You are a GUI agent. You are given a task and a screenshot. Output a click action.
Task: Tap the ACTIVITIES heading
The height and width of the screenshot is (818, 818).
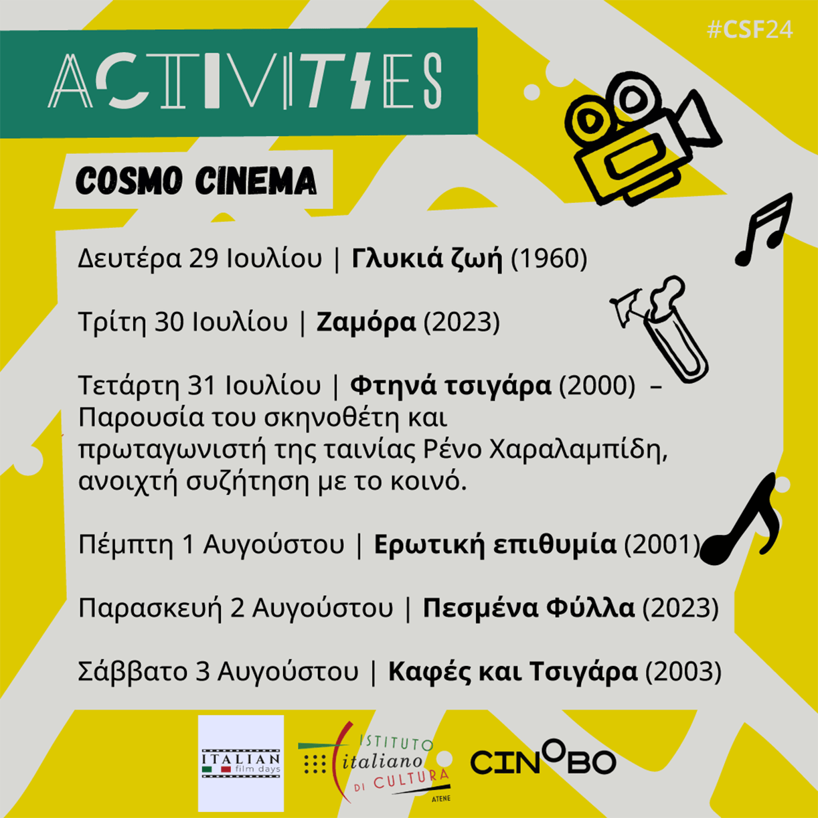[x=245, y=80]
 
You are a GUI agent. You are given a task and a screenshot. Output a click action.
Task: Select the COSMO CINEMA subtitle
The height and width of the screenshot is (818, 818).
[x=196, y=181]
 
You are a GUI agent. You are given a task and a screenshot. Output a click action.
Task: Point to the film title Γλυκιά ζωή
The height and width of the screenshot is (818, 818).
[x=427, y=258]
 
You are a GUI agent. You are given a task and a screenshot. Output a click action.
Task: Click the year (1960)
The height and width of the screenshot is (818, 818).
[x=549, y=258]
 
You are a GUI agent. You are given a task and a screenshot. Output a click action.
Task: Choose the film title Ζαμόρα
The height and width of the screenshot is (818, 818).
[x=366, y=322]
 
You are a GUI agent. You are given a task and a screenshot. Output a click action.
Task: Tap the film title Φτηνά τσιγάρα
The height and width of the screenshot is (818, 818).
[x=451, y=386]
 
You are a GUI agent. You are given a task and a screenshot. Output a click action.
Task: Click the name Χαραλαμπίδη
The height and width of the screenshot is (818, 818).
[x=578, y=451]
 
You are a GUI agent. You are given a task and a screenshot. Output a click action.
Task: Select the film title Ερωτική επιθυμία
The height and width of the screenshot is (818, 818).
[x=495, y=545]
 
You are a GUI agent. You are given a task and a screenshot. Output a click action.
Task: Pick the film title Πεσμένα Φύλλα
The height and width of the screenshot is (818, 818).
[x=529, y=608]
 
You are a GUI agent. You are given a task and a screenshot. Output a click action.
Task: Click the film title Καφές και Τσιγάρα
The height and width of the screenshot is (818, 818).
[x=513, y=672]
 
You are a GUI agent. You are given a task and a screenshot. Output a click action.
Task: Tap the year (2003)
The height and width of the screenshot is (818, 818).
[x=683, y=672]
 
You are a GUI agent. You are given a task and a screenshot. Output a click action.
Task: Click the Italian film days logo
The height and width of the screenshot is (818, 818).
[x=241, y=764]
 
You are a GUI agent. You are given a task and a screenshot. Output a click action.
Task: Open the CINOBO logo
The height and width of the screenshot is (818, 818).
[x=544, y=759]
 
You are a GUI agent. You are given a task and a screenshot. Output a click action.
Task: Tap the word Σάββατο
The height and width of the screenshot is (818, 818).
[x=133, y=672]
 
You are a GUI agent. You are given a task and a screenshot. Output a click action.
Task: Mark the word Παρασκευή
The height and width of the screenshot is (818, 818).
[x=150, y=609]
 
